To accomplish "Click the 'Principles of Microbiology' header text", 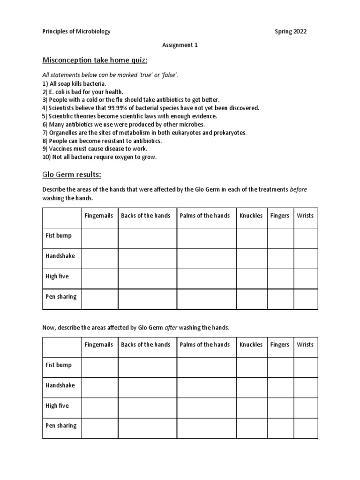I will pyautogui.click(x=76, y=32).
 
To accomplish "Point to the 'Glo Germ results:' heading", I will pyautogui.click(x=72, y=175).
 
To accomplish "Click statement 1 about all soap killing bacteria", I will pyautogui.click(x=77, y=83).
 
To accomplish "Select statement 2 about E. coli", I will pyautogui.click(x=83, y=92).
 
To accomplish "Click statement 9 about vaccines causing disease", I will pyautogui.click(x=95, y=149).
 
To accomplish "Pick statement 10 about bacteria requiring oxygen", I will pyautogui.click(x=99, y=157).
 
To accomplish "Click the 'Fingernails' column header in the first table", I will pyautogui.click(x=99, y=216).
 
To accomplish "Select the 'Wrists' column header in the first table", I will pyautogui.click(x=305, y=216).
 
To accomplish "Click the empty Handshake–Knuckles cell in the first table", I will pyautogui.click(x=251, y=258).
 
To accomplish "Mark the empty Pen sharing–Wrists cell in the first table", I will pyautogui.click(x=305, y=299).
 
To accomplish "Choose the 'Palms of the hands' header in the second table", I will pyautogui.click(x=205, y=345).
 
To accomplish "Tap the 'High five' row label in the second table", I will pyautogui.click(x=57, y=405).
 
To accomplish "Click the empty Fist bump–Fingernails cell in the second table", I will pyautogui.click(x=99, y=367).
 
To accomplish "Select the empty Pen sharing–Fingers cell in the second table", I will pyautogui.click(x=280, y=428).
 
